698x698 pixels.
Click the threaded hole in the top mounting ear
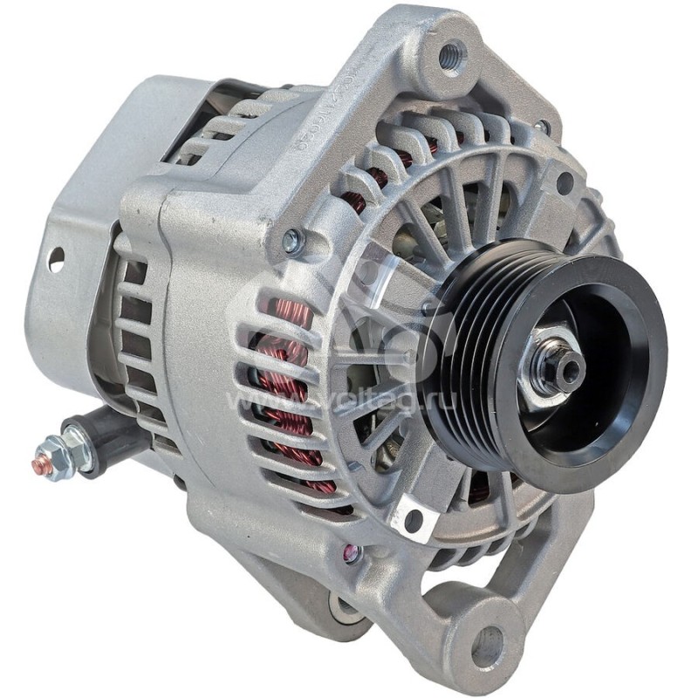[451, 58]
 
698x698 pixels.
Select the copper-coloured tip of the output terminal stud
[40, 465]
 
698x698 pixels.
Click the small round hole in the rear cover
[56, 258]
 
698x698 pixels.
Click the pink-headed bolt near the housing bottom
[352, 551]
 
